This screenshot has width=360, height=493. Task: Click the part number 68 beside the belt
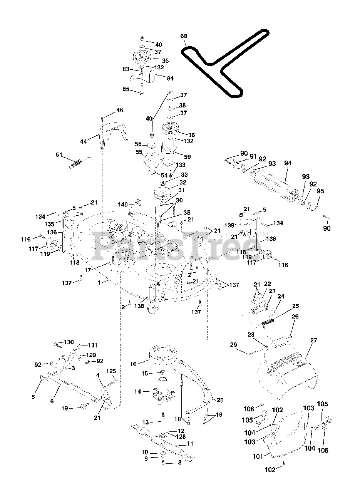coord(184,36)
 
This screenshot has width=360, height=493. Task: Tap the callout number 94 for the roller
coord(288,163)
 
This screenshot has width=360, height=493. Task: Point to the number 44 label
coord(84,141)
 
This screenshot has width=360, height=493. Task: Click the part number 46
coord(120,110)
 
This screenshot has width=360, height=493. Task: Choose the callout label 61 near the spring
coord(59,155)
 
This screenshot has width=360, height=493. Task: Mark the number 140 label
coord(123,205)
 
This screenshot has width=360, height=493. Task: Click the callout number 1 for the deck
coord(99,283)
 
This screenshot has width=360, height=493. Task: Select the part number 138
coord(139,306)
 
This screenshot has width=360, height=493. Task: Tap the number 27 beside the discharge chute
coord(313,340)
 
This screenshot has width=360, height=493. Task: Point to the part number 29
coord(233,344)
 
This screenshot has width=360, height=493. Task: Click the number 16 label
coord(133,364)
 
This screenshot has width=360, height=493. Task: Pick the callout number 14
coord(137,392)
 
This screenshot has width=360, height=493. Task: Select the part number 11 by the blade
coord(190,443)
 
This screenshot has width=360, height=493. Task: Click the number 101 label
coord(258,456)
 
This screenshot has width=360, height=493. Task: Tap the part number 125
coord(111,371)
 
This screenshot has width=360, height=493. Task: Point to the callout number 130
coord(69,342)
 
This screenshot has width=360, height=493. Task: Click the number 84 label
coord(170,78)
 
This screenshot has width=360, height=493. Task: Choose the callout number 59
coord(187,157)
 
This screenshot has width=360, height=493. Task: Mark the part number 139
coord(229,225)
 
